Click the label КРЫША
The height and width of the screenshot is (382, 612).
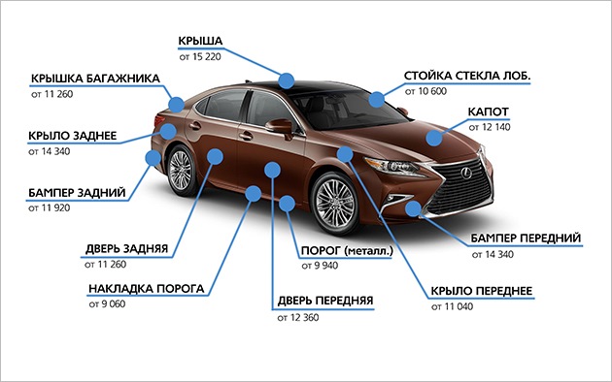tap(201, 41)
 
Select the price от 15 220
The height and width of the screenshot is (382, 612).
tap(200, 57)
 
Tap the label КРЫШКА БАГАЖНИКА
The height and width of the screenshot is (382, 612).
tap(88, 78)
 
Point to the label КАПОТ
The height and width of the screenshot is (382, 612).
tap(491, 111)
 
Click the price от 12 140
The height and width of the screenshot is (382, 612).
tap(490, 127)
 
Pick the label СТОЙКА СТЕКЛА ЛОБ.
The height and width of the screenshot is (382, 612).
tap(467, 75)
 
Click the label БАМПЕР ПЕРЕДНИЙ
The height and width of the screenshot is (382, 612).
tap(527, 238)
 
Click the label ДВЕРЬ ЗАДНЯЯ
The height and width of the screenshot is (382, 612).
tap(126, 248)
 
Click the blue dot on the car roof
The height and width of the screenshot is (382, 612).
tap(287, 80)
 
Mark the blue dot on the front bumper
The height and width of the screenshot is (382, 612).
tap(412, 208)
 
